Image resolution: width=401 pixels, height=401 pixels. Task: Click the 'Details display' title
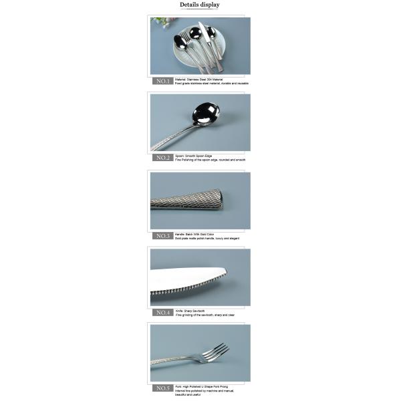(199, 5)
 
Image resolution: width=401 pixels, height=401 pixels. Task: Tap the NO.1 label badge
(163, 81)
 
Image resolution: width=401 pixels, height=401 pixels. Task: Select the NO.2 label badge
(163, 158)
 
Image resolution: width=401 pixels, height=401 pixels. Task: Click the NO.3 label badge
(163, 236)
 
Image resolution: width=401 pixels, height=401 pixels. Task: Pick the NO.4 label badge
(163, 312)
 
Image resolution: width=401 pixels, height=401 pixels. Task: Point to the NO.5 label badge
(163, 388)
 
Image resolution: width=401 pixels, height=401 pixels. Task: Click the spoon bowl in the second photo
(205, 114)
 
